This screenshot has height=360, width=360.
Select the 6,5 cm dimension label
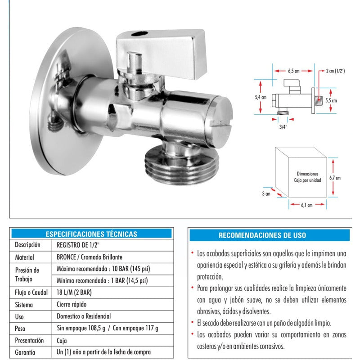[294, 70]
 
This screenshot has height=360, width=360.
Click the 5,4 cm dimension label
[261, 97]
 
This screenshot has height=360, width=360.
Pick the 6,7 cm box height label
[335, 178]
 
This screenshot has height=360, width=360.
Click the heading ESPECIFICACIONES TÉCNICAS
[91, 234]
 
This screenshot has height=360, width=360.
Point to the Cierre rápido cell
[72, 305]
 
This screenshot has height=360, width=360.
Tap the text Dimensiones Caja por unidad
[308, 176]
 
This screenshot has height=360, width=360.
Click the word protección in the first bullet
[210, 277]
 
